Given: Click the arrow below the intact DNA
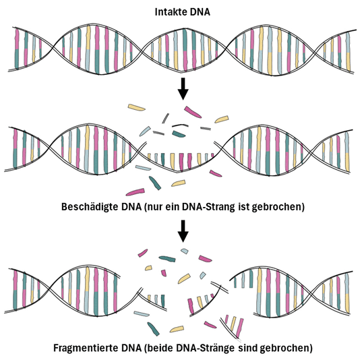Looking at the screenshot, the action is click(183, 89).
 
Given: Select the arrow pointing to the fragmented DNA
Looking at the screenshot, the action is click(183, 231).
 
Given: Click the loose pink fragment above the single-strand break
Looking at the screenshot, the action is click(193, 112).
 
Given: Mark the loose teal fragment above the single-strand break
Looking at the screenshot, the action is click(179, 134).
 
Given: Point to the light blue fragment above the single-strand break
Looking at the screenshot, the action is click(145, 131).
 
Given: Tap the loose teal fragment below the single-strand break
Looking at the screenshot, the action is click(155, 183).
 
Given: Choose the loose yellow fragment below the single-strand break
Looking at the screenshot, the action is click(178, 183).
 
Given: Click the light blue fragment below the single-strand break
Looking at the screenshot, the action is click(143, 167).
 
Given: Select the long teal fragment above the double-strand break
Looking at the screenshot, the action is click(167, 259).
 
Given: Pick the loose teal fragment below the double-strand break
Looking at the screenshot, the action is click(153, 329).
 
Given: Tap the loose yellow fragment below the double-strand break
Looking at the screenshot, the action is click(177, 329).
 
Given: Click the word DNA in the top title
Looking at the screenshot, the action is click(200, 12).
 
